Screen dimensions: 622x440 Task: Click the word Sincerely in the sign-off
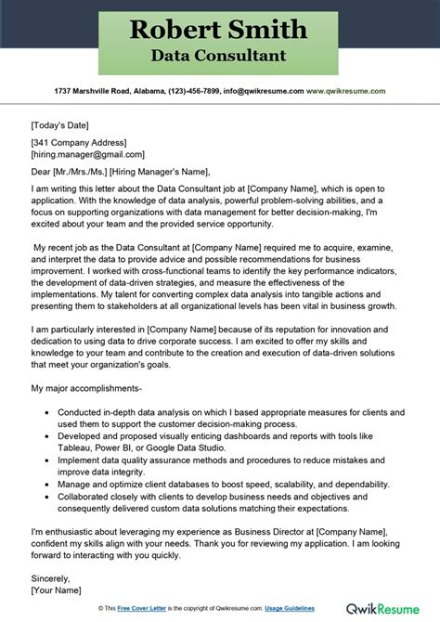(53, 577)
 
